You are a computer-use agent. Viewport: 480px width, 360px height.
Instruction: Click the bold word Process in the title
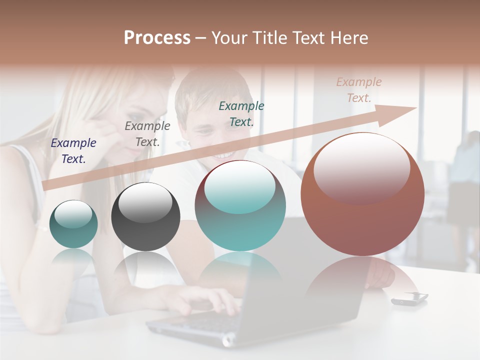pyautogui.click(x=157, y=38)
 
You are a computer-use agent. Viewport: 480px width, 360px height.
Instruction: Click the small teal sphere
pyautogui.click(x=73, y=224)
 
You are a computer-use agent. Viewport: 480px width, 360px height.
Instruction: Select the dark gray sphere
pyautogui.click(x=145, y=216)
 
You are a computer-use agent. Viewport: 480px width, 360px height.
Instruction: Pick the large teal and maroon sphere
pyautogui.click(x=240, y=205)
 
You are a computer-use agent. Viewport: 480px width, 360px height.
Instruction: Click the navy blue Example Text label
pyautogui.click(x=73, y=151)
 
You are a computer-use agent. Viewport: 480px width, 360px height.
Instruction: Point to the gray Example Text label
pyautogui.click(x=147, y=134)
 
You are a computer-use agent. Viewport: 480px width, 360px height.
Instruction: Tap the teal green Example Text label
pyautogui.click(x=241, y=113)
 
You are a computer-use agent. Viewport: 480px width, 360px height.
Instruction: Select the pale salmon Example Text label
pyautogui.click(x=359, y=90)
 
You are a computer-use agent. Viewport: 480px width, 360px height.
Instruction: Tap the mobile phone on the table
pyautogui.click(x=409, y=298)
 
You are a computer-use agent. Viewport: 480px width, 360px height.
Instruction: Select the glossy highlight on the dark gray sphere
pyautogui.click(x=145, y=202)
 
